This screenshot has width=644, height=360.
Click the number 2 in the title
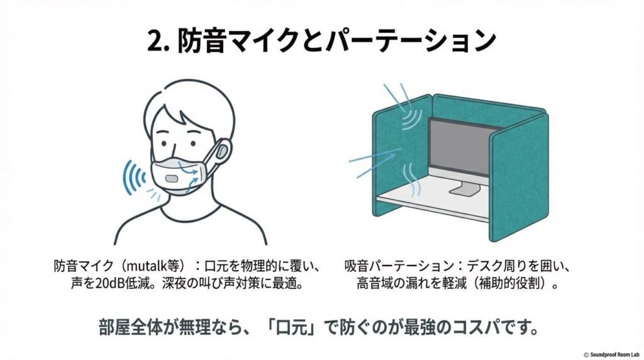coord(155,42)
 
